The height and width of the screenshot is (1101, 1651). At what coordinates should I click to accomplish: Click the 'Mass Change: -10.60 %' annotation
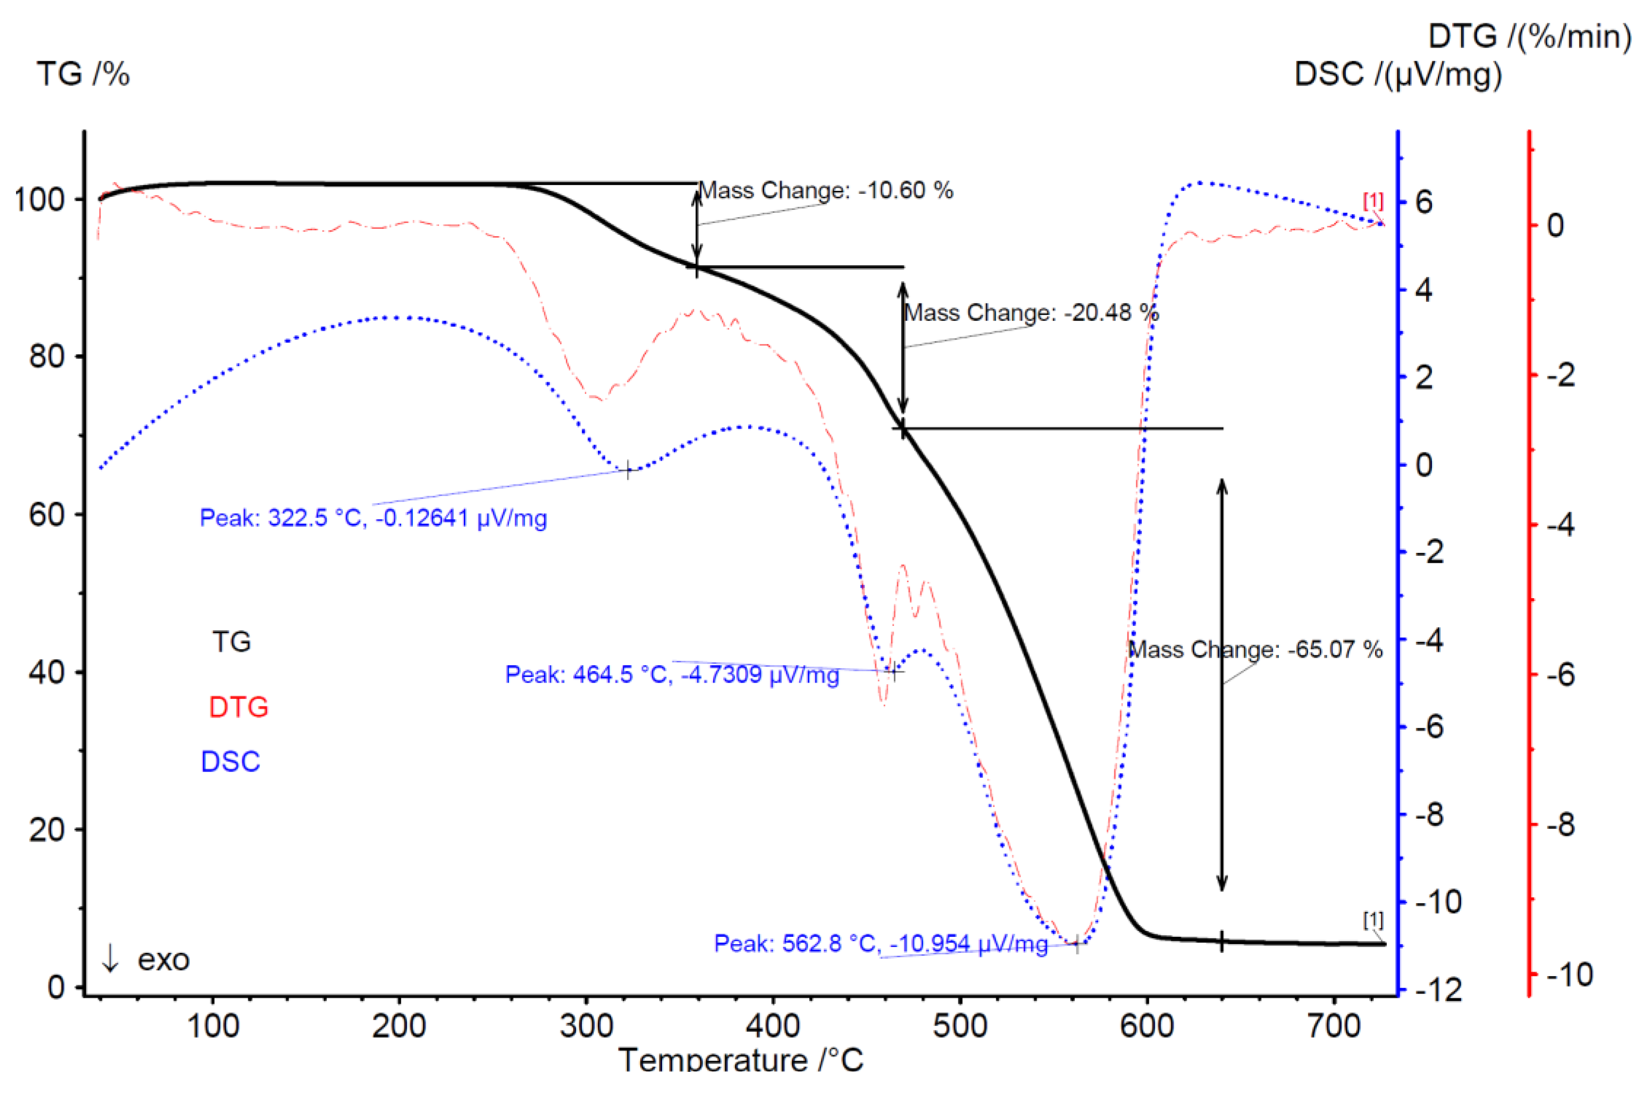click(x=826, y=190)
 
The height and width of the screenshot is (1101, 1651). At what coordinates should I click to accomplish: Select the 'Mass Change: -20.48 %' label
click(x=1031, y=312)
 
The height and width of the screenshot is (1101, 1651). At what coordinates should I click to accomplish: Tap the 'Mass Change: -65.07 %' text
click(x=1255, y=650)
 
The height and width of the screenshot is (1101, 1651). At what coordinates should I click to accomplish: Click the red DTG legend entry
click(x=238, y=707)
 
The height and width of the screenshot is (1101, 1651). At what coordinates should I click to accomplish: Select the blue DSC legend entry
click(x=230, y=762)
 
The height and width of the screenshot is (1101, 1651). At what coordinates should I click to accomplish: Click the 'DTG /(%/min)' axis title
click(x=1530, y=36)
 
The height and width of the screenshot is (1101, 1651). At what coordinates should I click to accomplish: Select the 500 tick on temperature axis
click(x=960, y=1027)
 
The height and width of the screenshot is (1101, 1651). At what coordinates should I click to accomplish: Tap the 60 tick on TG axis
click(x=46, y=515)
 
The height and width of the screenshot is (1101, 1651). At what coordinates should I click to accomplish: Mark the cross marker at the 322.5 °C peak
click(x=628, y=470)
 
